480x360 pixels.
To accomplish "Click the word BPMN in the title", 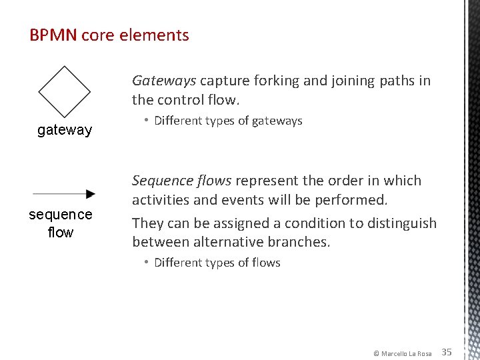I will pos(53,35).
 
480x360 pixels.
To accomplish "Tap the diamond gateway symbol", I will pos(65,92).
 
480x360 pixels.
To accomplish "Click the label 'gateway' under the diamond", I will pos(65,130).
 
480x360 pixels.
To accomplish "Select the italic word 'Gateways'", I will pos(164,81).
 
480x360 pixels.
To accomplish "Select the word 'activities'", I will pos(161,200).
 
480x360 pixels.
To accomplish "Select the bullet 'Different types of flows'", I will pos(217,263).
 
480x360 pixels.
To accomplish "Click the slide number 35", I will pos(447,352).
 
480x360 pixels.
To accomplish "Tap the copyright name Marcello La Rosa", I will pos(406,353).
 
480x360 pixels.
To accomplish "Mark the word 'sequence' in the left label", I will pos(61,215).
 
